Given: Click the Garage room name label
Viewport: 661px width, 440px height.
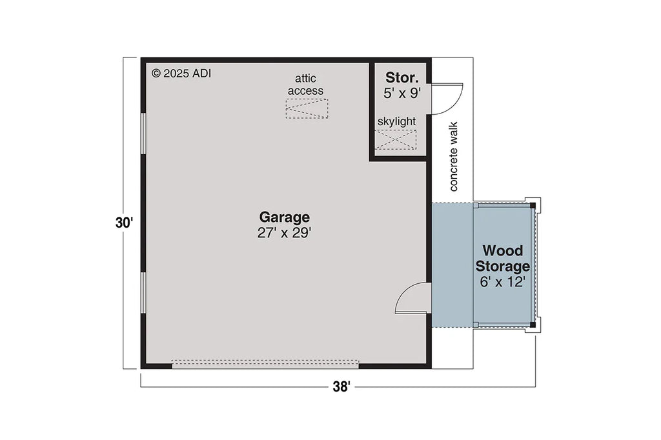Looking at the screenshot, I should coord(284,217).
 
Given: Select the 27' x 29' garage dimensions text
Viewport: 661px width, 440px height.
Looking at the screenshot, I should coord(284,233).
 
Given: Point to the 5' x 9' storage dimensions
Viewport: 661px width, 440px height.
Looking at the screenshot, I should coord(402,93).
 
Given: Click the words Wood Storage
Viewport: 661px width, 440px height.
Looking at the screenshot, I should coord(503,257).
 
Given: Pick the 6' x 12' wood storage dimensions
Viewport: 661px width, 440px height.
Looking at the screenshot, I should coord(503,281).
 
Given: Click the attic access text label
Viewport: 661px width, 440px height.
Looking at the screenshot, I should coord(306,85).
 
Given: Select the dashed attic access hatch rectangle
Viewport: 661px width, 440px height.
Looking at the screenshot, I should coord(307,108).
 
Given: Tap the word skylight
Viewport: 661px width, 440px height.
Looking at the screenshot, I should coord(396,121).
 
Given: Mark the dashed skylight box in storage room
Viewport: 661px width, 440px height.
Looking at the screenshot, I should coord(396,139).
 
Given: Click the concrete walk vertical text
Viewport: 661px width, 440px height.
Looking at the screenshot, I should coord(453,157).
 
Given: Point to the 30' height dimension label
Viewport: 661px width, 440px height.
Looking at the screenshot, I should coord(124,223).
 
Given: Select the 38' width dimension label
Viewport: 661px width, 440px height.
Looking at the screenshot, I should coord(341,387).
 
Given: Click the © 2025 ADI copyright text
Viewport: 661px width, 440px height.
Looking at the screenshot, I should coord(181,73).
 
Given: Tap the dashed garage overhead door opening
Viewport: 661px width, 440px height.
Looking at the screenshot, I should coord(265,364).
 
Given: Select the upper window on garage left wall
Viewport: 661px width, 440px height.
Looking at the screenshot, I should coord(142,134).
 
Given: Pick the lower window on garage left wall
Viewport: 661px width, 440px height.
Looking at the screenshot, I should coord(142,292).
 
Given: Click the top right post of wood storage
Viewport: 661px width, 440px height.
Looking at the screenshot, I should coord(533,205).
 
